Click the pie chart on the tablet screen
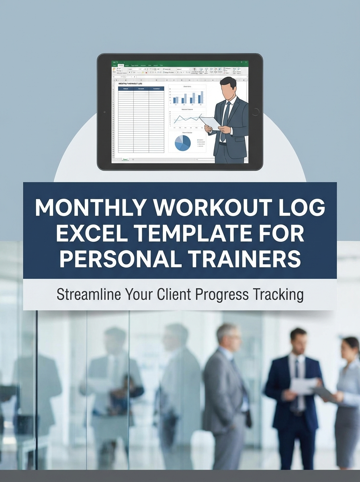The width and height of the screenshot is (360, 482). tap(182, 143)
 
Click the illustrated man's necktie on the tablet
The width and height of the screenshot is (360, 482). tap(225, 120)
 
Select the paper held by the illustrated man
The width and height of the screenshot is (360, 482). tap(209, 121)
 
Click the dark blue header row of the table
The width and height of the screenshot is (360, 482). tap(141, 89)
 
